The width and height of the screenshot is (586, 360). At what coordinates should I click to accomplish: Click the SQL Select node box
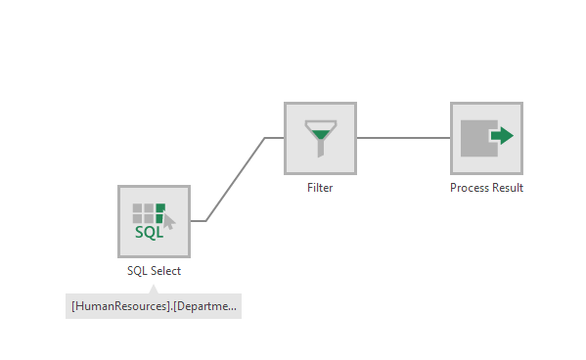click(x=154, y=221)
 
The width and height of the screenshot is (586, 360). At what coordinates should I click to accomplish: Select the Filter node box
click(x=320, y=138)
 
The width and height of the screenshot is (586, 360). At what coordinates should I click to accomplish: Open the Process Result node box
click(x=486, y=138)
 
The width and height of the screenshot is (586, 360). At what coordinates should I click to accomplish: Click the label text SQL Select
click(x=154, y=271)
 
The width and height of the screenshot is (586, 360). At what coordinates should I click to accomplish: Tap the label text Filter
click(x=320, y=188)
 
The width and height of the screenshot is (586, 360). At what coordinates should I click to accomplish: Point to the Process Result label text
click(x=486, y=188)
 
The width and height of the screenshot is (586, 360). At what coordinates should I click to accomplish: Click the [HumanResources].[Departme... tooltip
click(x=154, y=306)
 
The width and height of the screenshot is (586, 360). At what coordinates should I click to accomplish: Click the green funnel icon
click(x=320, y=137)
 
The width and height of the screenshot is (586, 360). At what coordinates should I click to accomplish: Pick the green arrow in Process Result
click(x=502, y=135)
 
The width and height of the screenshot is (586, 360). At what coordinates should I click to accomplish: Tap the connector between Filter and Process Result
click(x=403, y=138)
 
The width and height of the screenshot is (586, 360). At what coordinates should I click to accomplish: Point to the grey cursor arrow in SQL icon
click(x=167, y=221)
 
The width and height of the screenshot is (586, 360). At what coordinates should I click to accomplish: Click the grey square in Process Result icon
click(x=476, y=138)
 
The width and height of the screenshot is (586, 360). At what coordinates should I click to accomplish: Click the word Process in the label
click(x=469, y=188)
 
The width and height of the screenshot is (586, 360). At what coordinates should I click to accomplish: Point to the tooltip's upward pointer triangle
click(x=154, y=289)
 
